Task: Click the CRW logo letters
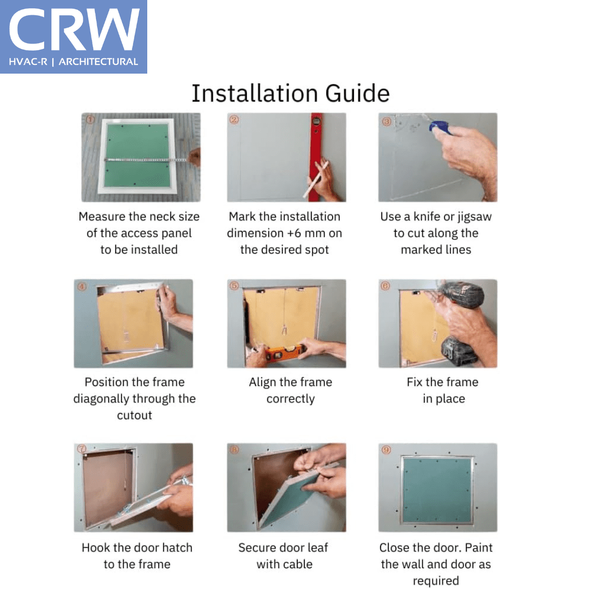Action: (74, 29)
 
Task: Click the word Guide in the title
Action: (357, 93)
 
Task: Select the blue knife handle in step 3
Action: (441, 127)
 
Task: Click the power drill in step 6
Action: (461, 323)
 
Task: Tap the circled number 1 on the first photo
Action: (90, 120)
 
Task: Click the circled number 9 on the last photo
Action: (387, 449)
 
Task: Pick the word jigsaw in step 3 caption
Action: (474, 217)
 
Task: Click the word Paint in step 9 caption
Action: (479, 548)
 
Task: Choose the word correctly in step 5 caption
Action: (290, 399)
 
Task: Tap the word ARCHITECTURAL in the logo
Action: (98, 62)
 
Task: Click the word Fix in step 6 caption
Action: (414, 382)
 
